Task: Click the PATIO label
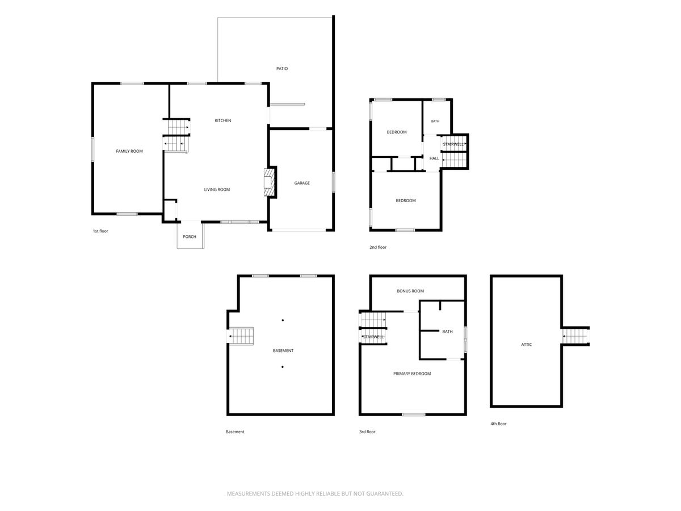tap(281, 69)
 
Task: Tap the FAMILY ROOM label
tap(129, 152)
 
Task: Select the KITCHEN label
tap(223, 121)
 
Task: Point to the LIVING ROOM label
tap(217, 190)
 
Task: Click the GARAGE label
tap(302, 183)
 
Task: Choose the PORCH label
tap(189, 237)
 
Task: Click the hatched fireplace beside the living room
tap(270, 182)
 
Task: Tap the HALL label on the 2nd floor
tap(434, 158)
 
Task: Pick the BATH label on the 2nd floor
tap(435, 122)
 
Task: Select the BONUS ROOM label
tap(410, 291)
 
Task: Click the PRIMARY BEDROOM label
tap(411, 374)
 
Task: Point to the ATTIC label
tap(526, 345)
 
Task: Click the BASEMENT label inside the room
tap(283, 351)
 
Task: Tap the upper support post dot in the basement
tap(283, 320)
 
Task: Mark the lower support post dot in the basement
tap(282, 367)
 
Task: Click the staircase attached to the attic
tap(575, 336)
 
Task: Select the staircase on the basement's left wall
tap(241, 336)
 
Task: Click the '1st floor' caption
tap(100, 231)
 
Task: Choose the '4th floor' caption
tap(498, 424)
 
